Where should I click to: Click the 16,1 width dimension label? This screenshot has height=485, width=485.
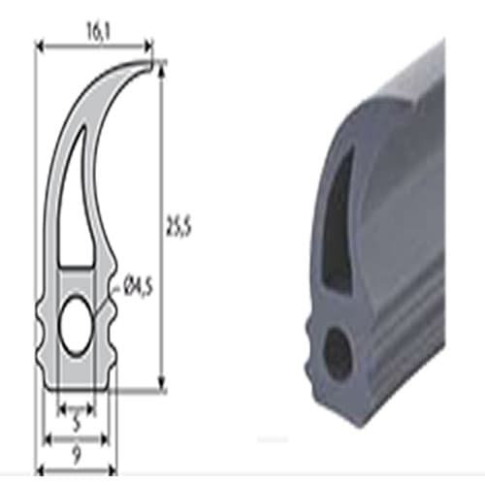(x=99, y=32)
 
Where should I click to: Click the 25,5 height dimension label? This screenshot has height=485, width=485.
(x=178, y=226)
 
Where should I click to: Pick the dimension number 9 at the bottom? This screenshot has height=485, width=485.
(x=76, y=455)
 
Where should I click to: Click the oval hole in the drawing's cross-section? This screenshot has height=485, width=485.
(x=77, y=325)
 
